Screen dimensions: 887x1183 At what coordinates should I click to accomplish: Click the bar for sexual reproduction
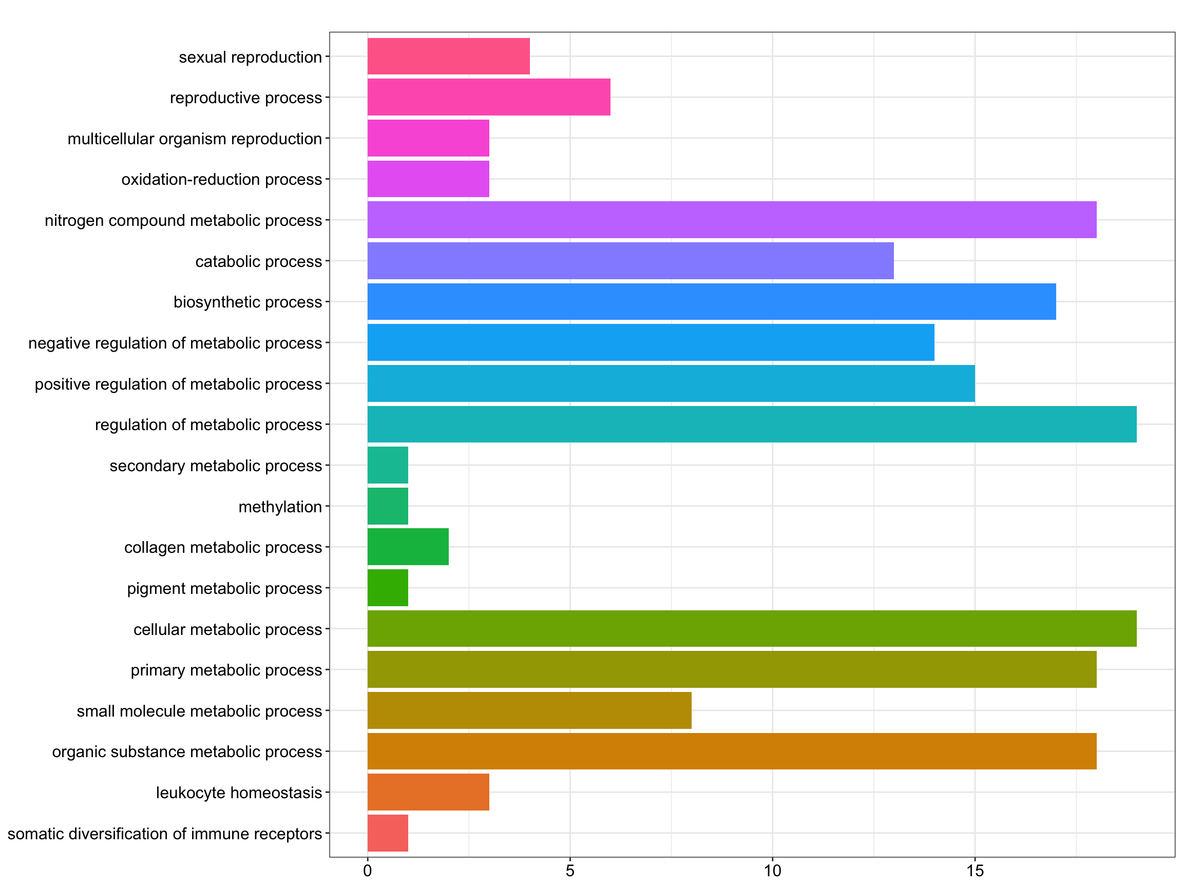[448, 56]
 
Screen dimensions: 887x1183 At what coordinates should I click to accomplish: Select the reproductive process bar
[488, 97]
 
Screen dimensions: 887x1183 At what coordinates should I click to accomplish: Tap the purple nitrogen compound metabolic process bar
[732, 220]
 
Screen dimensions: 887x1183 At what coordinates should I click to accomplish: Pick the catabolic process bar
[630, 260]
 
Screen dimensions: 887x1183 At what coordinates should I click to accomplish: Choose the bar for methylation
[388, 506]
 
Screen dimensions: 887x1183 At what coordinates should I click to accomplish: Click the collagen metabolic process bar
[408, 547]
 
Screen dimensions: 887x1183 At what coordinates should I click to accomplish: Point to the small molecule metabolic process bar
[529, 710]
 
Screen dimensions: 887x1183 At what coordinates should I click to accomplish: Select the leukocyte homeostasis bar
[428, 792]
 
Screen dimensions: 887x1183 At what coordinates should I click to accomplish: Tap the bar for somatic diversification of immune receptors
[388, 833]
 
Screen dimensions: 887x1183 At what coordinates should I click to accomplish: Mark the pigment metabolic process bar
[388, 588]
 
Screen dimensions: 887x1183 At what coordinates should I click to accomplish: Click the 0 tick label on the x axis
[368, 871]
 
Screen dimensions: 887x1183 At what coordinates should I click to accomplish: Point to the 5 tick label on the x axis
[569, 871]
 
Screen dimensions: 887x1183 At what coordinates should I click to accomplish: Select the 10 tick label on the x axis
[772, 871]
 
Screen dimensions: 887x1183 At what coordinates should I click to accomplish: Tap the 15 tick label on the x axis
[975, 871]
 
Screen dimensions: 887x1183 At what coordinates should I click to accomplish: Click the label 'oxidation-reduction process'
[221, 179]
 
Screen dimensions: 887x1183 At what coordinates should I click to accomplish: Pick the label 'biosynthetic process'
[247, 302]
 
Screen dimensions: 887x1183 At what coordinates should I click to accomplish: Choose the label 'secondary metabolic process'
[216, 466]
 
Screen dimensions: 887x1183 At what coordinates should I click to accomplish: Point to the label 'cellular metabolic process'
[227, 629]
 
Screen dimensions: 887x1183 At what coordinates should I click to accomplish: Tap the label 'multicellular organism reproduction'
[195, 139]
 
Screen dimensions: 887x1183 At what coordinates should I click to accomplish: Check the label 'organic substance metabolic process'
[187, 751]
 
